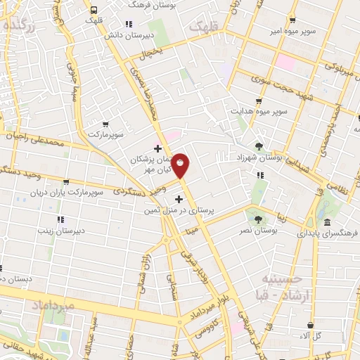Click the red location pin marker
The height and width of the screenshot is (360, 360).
pos(181,165)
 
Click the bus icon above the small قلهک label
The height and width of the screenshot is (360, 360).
pos(94,10)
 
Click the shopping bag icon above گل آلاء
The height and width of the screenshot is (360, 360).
pos(310,324)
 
